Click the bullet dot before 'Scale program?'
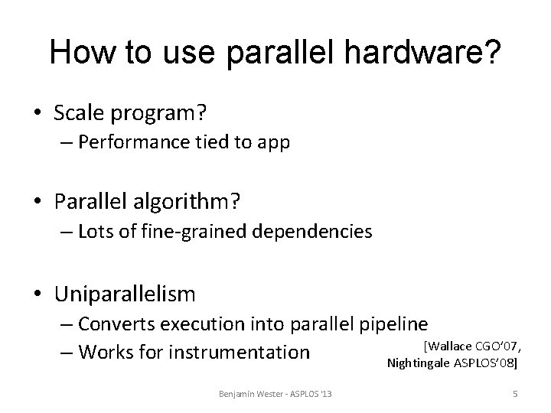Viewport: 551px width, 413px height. [40, 113]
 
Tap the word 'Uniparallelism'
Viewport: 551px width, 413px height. [125, 293]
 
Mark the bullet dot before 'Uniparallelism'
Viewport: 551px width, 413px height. [40, 294]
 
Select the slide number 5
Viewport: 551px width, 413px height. [515, 394]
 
